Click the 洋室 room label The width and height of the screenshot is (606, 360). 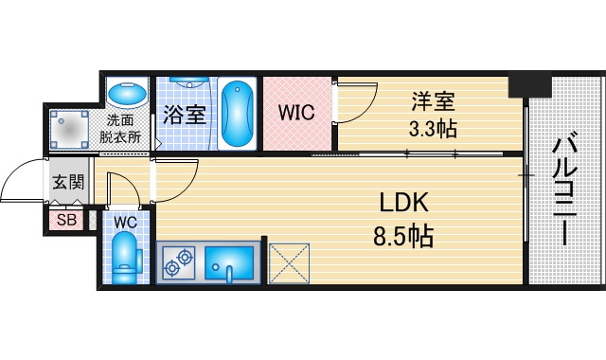430,98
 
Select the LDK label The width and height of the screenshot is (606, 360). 404,204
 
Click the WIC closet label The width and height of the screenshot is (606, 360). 296,113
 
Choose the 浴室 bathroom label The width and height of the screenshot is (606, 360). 184,115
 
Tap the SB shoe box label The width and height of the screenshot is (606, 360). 66,222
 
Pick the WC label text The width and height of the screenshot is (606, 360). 126,221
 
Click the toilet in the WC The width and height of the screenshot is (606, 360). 124,258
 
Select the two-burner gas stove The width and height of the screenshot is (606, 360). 180,261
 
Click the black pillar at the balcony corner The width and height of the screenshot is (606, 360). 527,84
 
